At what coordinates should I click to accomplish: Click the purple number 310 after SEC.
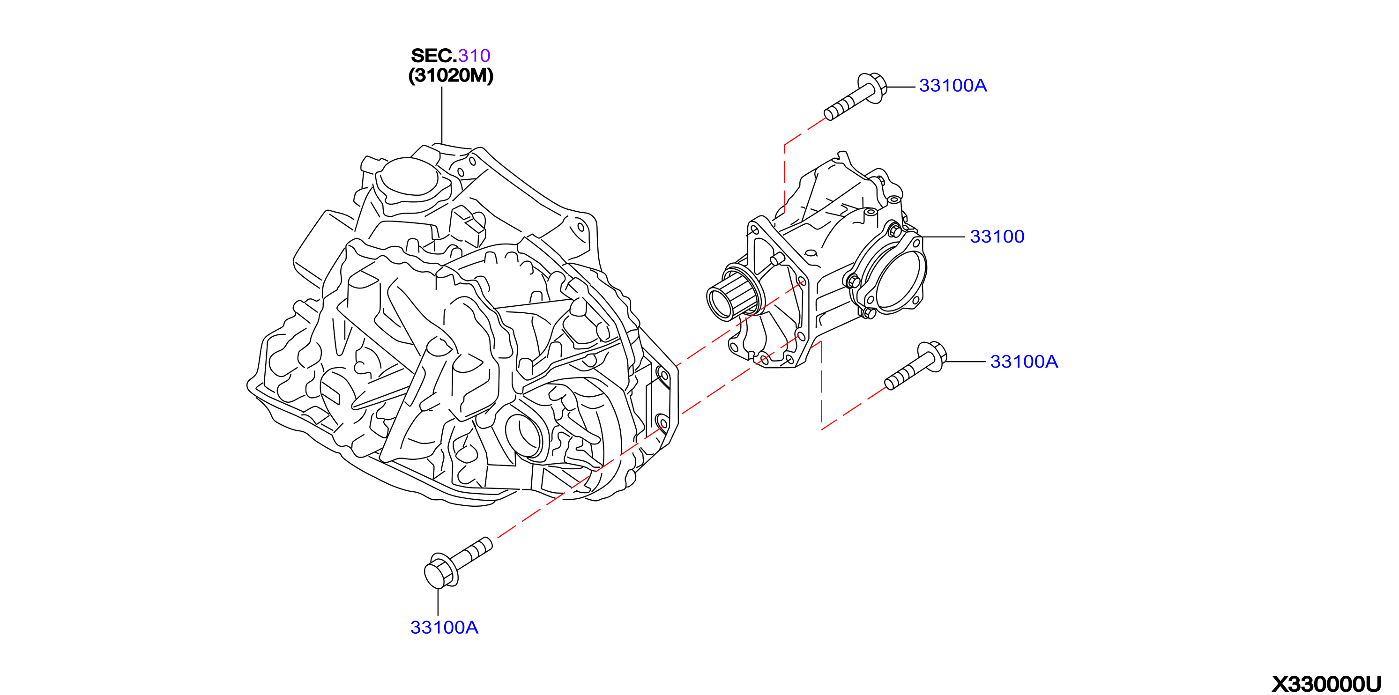[x=474, y=55]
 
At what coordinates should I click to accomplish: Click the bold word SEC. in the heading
[x=434, y=55]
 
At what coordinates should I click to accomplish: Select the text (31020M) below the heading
[x=451, y=75]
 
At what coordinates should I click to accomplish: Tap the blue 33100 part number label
[x=997, y=236]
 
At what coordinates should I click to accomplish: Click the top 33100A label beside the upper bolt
[x=953, y=85]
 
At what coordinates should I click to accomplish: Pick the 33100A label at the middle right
[x=1024, y=361]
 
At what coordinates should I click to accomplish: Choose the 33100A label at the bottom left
[x=444, y=627]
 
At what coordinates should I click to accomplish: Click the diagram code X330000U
[x=1326, y=684]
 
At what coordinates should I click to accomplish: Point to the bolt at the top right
[x=856, y=96]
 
